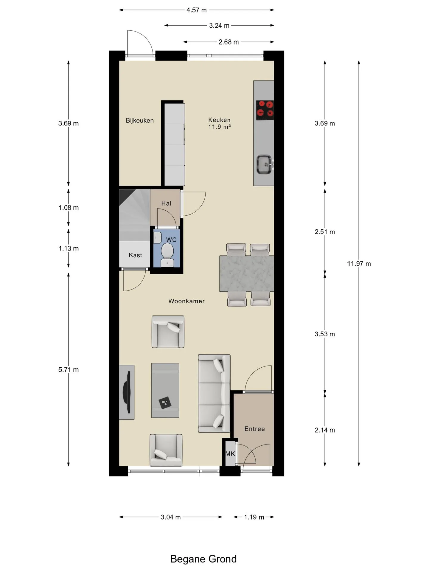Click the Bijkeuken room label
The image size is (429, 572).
point(140,120)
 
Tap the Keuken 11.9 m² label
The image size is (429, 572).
point(220,123)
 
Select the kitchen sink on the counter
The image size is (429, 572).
point(265,164)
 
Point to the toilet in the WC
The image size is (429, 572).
point(167,255)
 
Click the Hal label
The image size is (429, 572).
point(166,203)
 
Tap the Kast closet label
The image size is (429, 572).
point(135,255)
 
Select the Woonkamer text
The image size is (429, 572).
point(186,301)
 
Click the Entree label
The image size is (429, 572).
point(254,429)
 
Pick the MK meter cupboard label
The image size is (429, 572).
point(230,454)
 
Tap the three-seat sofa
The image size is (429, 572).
point(214,393)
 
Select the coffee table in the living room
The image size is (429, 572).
point(165,390)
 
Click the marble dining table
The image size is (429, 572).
point(247,273)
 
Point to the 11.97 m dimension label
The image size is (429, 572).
point(359,263)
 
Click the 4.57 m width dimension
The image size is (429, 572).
point(197,10)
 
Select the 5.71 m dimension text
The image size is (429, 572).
point(69,370)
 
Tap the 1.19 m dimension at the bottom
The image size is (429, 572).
point(254,517)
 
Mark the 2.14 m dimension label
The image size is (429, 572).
point(325,430)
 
